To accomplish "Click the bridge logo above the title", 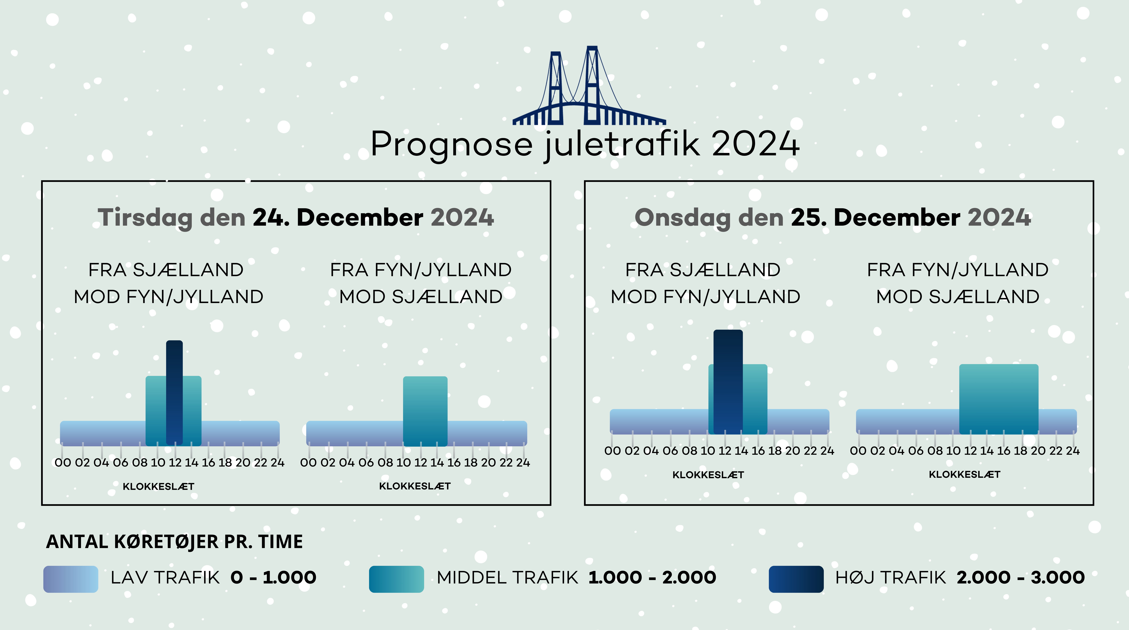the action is click(x=589, y=86).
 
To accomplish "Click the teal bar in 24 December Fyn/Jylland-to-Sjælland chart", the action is click(x=425, y=411).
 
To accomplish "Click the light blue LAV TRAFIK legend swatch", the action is click(x=71, y=579).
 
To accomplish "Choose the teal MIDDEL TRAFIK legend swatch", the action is click(x=396, y=579).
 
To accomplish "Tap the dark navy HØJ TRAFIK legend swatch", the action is click(x=796, y=579).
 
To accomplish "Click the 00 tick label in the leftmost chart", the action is click(x=63, y=463).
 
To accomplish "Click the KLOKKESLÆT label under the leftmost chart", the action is click(x=158, y=486).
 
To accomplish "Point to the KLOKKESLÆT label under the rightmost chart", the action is click(x=965, y=474).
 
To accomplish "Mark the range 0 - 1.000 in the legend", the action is click(x=274, y=577).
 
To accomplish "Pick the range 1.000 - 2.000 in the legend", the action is click(x=652, y=577).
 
